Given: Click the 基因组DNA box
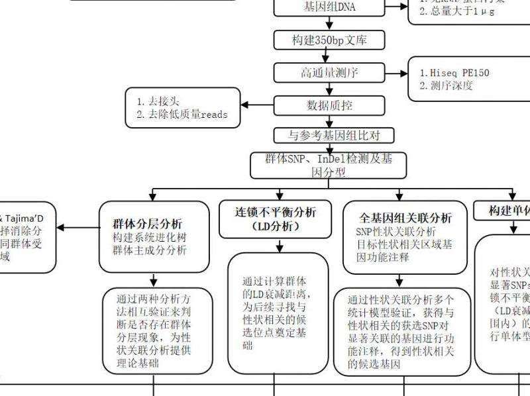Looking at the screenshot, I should click(x=329, y=7).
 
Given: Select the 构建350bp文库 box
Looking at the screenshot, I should click(x=329, y=40).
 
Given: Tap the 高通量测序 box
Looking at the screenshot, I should click(x=329, y=72).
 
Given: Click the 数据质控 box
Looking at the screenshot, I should click(x=329, y=105).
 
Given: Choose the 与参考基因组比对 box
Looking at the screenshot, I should click(x=329, y=135).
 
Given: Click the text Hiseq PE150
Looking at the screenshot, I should click(x=460, y=73).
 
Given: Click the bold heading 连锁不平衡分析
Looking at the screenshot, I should click(x=276, y=213).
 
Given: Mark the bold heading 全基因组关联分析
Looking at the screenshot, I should click(x=405, y=218).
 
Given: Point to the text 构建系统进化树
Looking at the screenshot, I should click(x=150, y=237).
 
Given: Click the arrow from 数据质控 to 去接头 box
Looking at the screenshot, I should click(x=258, y=105).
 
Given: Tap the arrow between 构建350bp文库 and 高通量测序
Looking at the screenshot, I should click(x=329, y=56).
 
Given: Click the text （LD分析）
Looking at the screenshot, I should click(x=276, y=226).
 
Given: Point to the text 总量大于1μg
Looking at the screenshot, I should click(x=457, y=11).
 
